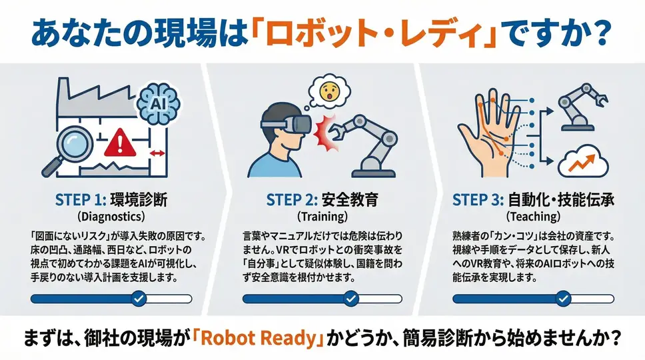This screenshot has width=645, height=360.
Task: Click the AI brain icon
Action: coord(159,102)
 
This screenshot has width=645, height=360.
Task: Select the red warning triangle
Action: coord(120,143)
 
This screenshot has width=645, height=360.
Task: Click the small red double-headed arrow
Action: coord(157,153)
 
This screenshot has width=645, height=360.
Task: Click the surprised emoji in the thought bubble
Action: coord(329,92)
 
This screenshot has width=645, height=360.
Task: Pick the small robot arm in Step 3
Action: coord(580,107)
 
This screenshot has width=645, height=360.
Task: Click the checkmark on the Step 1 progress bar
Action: coord(139,298)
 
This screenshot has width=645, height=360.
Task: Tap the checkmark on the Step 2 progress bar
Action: coord(351,298)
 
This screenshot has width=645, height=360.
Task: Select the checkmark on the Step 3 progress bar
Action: coord(563,298)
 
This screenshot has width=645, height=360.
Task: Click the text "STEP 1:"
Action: coord(81,200)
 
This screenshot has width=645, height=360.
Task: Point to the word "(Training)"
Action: coord(322,216)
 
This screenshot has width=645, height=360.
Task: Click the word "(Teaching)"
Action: coord(533,216)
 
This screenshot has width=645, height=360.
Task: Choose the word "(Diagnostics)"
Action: coord(111,216)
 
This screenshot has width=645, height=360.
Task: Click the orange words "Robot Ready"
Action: coord(259,338)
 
